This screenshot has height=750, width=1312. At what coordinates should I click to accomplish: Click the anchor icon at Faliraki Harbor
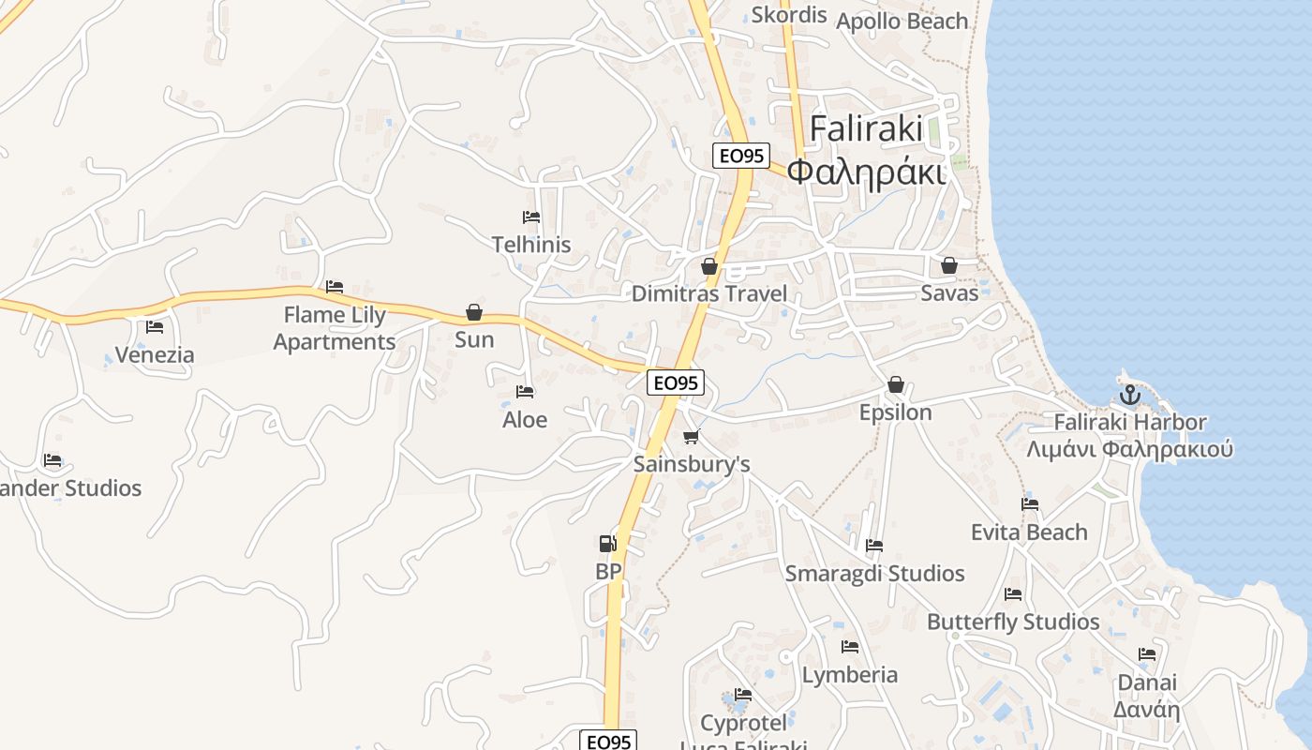pos(1129,394)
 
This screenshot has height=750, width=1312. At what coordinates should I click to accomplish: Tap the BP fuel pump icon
pos(608,543)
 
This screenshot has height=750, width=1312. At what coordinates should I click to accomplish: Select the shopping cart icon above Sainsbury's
pos(692,436)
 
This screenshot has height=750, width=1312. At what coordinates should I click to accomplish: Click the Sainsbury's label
pos(692,464)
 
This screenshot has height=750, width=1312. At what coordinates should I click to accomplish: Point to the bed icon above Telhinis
pos(531,217)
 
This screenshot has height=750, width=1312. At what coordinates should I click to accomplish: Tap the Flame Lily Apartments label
pos(335,328)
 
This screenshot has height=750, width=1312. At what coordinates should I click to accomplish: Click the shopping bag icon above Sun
pos(474,312)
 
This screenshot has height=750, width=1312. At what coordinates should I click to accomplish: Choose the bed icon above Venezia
pos(155,327)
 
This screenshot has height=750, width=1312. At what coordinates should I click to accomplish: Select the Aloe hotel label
pos(525,419)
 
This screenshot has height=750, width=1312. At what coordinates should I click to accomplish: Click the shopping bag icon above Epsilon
pos(896,384)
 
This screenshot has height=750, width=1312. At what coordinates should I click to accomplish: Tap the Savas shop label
pos(949,292)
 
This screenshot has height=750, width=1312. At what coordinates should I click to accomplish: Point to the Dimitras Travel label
pos(709,293)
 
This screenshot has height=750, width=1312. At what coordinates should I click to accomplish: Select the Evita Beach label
pos(1029,532)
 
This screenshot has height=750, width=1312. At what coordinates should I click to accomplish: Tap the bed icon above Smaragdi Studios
pos(874,546)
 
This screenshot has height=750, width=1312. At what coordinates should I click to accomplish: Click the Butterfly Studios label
pos(1013,622)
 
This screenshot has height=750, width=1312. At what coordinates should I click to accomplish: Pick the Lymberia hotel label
pos(850,674)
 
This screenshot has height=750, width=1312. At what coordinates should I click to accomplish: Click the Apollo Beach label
pos(902,21)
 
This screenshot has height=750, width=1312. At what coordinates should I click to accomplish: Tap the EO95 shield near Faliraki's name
pos(740,156)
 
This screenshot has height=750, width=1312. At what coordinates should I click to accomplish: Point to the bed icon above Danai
pos(1147,654)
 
